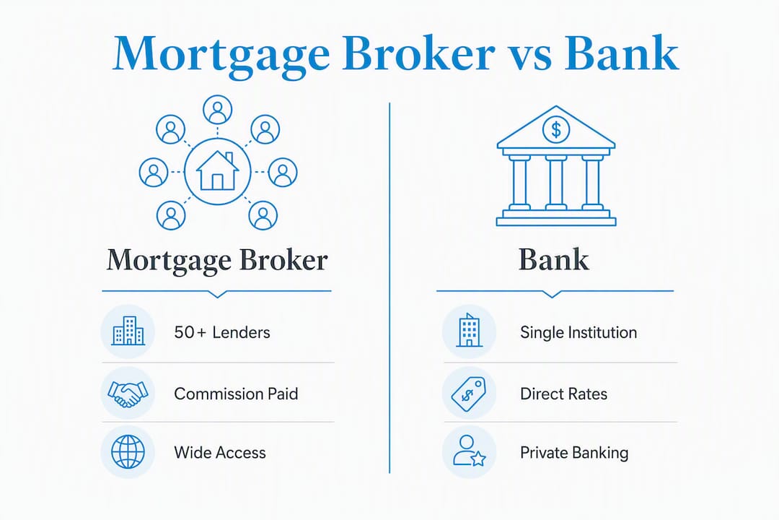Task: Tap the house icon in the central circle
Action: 217,170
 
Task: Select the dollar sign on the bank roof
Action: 556,129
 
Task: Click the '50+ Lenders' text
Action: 222,332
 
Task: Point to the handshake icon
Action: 128,394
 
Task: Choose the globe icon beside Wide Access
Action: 128,452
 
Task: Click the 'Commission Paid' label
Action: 236,394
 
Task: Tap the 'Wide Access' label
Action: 220,453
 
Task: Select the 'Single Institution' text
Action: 578,332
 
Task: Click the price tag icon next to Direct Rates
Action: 469,394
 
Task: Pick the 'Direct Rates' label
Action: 563,394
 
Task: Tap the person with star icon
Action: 469,451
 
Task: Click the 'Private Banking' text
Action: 574,453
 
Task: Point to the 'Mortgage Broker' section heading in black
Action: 217,260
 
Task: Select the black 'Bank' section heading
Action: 554,259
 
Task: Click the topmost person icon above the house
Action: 218,110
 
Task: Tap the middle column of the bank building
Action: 556,182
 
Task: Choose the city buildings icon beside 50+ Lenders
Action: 128,330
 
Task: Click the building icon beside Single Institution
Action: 469,330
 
